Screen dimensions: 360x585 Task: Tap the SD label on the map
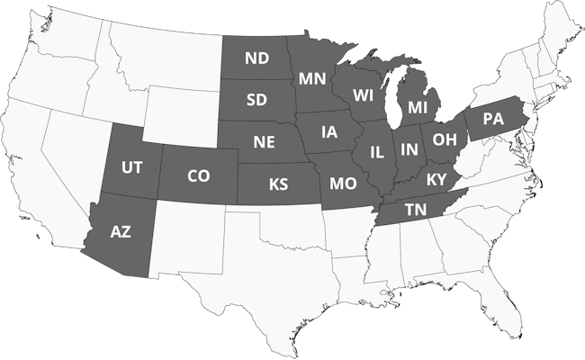pyautogui.click(x=257, y=99)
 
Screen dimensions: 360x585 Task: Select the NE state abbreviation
pyautogui.click(x=264, y=142)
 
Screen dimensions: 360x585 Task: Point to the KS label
pyautogui.click(x=279, y=184)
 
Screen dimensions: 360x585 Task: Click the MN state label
pyautogui.click(x=312, y=77)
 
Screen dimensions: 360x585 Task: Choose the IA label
pyautogui.click(x=329, y=132)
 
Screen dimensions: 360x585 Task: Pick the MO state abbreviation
pyautogui.click(x=342, y=184)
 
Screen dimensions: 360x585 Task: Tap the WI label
pyautogui.click(x=364, y=94)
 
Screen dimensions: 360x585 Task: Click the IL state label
pyautogui.click(x=376, y=151)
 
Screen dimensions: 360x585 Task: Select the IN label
pyautogui.click(x=409, y=149)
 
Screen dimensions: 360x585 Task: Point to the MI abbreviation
pyautogui.click(x=418, y=107)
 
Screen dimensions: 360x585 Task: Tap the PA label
pyautogui.click(x=492, y=119)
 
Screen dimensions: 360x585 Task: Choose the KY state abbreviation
pyautogui.click(x=436, y=178)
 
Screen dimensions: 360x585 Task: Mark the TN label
pyautogui.click(x=415, y=210)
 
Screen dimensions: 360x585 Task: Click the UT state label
pyautogui.click(x=131, y=167)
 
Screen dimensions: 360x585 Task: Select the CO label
pyautogui.click(x=198, y=176)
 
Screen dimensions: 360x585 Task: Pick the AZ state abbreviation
pyautogui.click(x=121, y=231)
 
